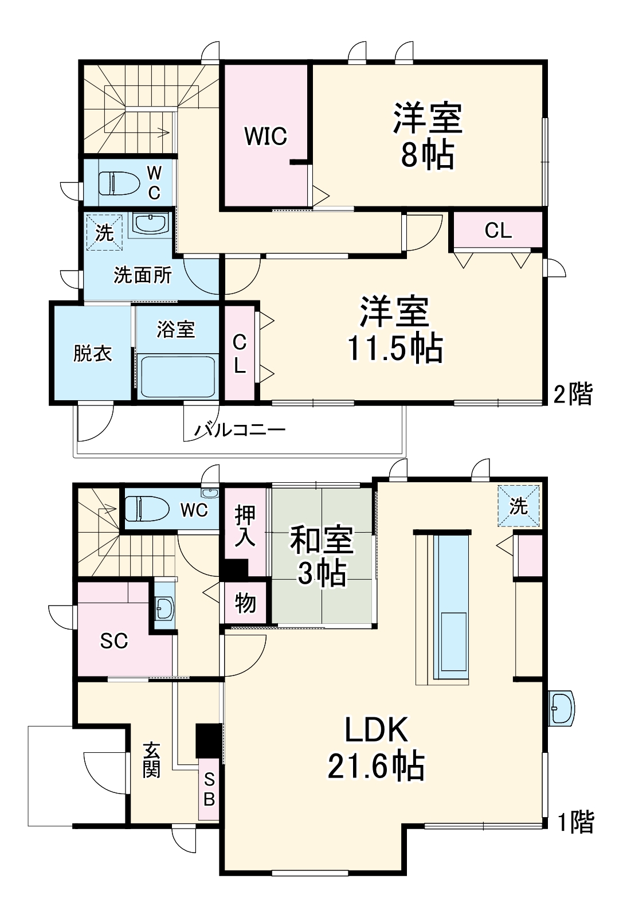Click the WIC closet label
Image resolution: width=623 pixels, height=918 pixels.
(265, 136)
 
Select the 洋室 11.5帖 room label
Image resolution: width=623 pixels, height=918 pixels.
(395, 330)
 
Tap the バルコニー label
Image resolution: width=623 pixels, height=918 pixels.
(239, 429)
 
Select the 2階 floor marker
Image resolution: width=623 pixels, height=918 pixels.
(573, 394)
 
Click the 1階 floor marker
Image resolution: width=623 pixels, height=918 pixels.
(575, 822)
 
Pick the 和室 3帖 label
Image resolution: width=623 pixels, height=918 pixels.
(322, 556)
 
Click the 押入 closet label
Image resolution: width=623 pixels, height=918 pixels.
(245, 526)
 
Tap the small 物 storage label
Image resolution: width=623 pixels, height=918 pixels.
(245, 603)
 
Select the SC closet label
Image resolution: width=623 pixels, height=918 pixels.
(114, 640)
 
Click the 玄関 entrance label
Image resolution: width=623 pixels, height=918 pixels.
(151, 760)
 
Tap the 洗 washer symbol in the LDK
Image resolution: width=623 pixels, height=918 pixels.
(518, 506)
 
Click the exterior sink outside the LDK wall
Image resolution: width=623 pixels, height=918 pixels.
(561, 709)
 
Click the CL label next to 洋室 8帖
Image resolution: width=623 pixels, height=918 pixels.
(497, 231)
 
